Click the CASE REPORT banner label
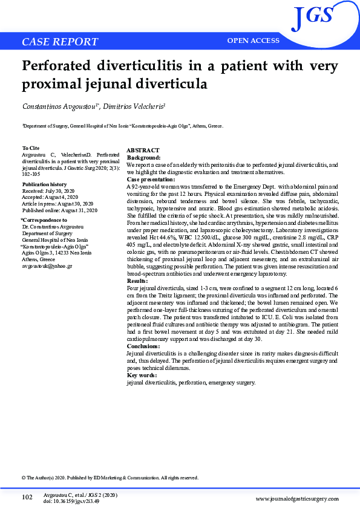point(59,42)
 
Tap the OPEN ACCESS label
point(253,41)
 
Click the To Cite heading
point(31,148)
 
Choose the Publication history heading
point(44,184)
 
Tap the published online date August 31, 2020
point(74,210)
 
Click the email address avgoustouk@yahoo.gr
point(47,266)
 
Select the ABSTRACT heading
point(143,151)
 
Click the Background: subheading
point(143,157)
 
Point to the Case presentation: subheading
point(151,180)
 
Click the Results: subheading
point(137,281)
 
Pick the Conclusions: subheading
point(143,346)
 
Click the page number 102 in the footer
point(27,497)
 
